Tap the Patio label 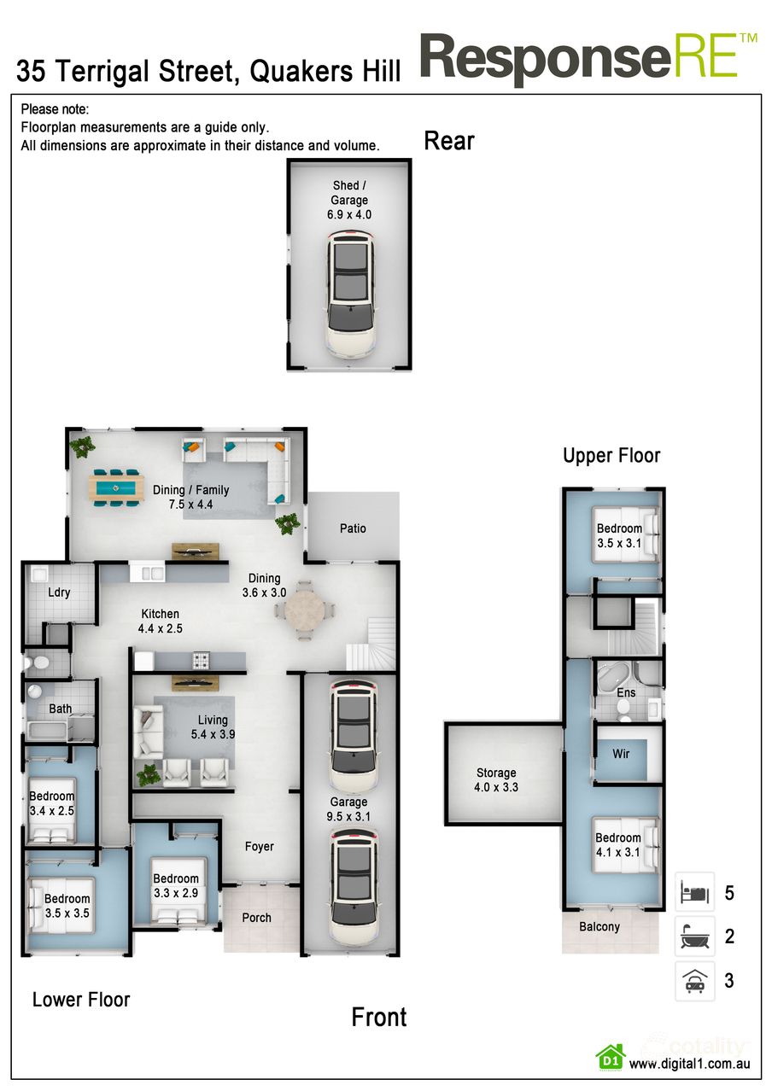point(353,528)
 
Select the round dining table point(305,610)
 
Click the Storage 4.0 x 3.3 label point(496,780)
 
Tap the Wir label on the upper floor point(622,754)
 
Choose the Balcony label point(599,926)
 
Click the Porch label point(256,918)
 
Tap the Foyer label point(260,847)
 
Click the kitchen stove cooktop point(202,660)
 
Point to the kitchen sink point(152,574)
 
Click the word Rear point(449,141)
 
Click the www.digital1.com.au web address point(689,1064)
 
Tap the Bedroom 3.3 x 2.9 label point(176,885)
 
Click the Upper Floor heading point(611,456)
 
